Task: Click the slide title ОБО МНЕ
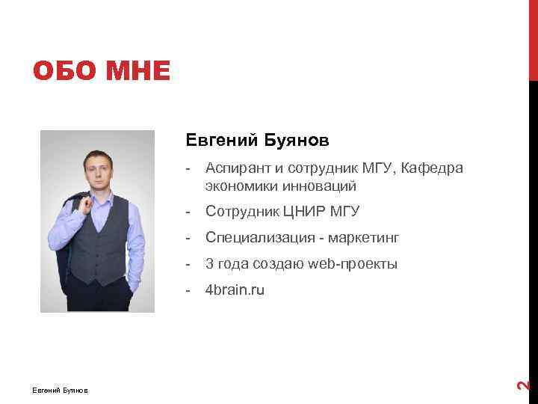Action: tap(102, 73)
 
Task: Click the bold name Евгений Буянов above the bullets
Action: tap(258, 140)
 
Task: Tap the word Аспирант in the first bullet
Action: tap(238, 168)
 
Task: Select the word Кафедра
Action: tap(432, 168)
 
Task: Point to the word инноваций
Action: tap(318, 186)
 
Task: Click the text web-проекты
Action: tap(352, 264)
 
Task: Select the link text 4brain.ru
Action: tap(235, 290)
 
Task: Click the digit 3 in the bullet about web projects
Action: tap(210, 264)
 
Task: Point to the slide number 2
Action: tap(525, 385)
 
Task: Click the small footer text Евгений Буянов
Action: tap(60, 390)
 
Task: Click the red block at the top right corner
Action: tap(533, 37)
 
